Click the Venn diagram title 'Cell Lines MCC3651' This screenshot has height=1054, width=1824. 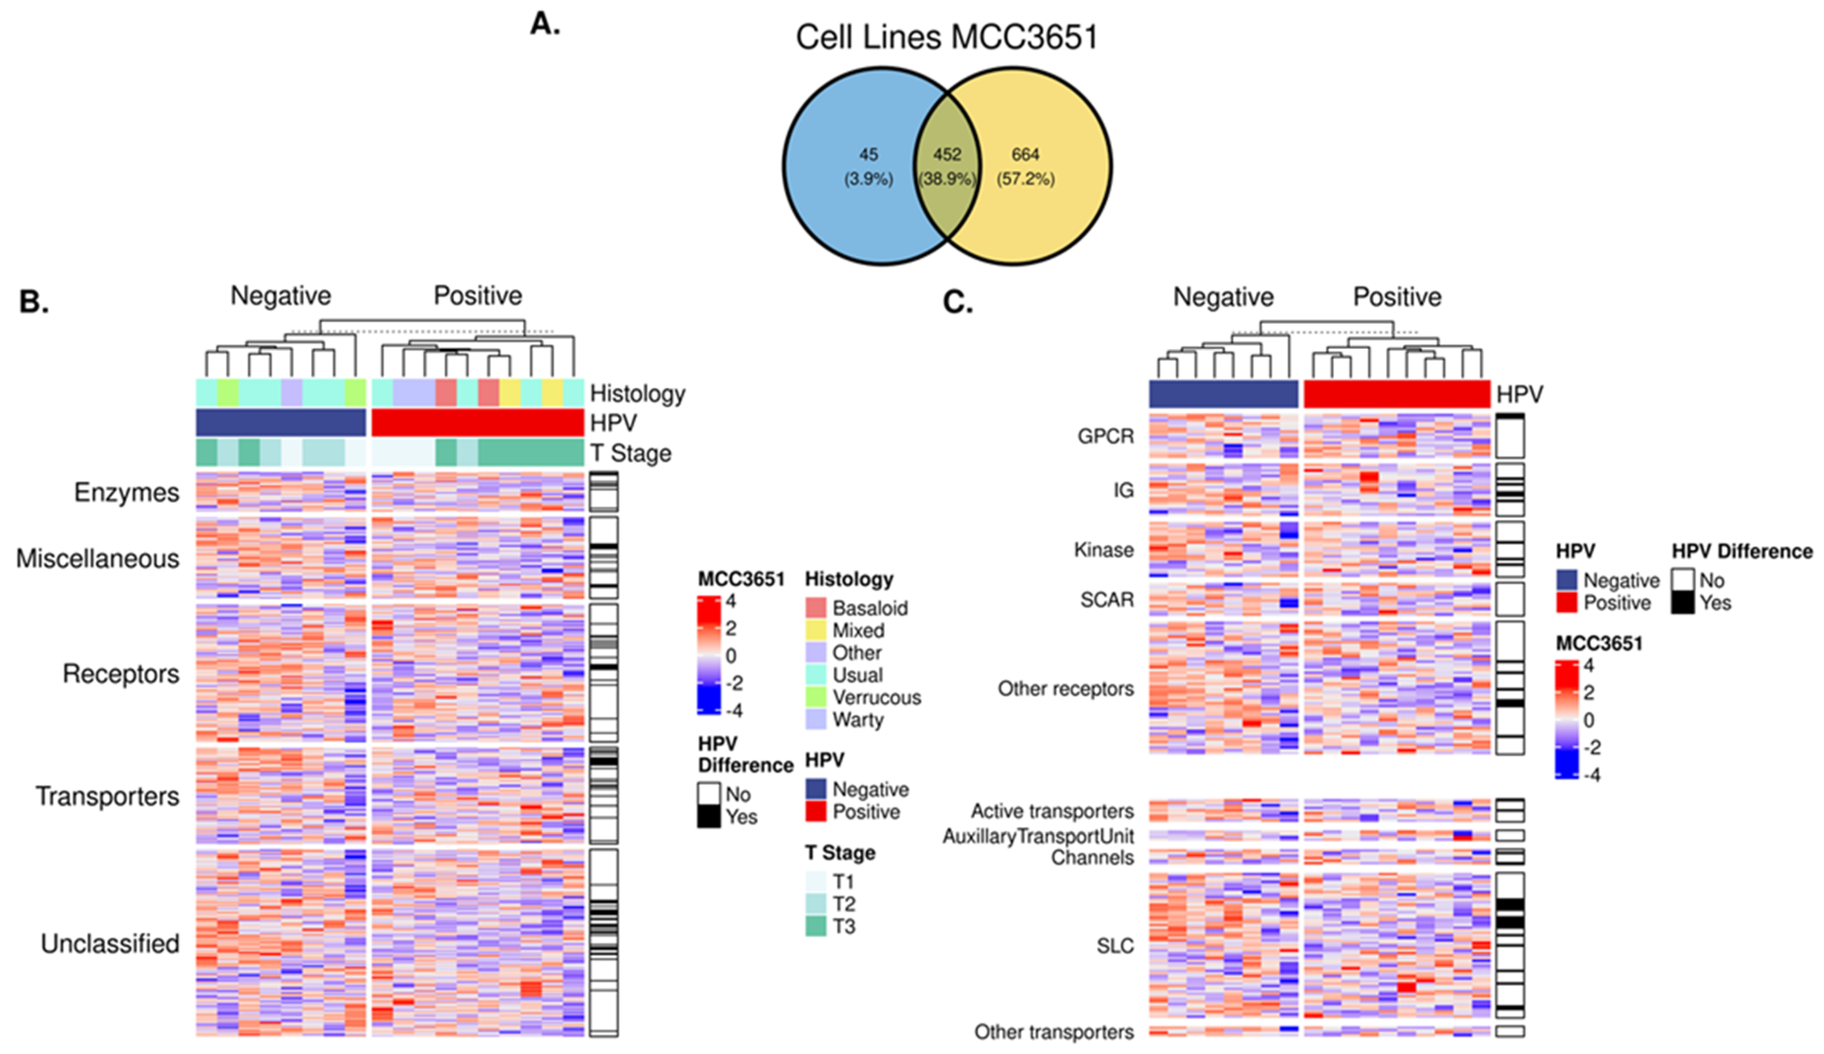[946, 37]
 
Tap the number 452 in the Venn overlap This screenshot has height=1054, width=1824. [946, 154]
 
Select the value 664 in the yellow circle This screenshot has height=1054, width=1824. [1025, 154]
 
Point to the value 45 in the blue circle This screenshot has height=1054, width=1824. [868, 154]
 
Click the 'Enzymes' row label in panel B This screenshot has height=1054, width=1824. [127, 492]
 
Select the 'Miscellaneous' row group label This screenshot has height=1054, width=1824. [98, 559]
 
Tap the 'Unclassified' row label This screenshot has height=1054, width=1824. [110, 943]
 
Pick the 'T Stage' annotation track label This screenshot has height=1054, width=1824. [630, 453]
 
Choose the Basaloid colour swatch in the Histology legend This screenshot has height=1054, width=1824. [815, 608]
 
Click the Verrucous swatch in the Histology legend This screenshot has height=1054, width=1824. [815, 697]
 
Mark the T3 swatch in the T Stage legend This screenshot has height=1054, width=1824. [815, 926]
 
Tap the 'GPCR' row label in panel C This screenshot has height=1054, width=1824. [1106, 436]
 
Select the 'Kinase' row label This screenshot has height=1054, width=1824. [1104, 550]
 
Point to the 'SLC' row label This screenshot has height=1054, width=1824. [1115, 946]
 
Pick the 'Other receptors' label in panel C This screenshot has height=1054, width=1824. [1065, 688]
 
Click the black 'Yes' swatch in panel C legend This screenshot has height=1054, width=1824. [1683, 602]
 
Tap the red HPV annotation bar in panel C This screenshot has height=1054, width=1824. [1396, 394]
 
